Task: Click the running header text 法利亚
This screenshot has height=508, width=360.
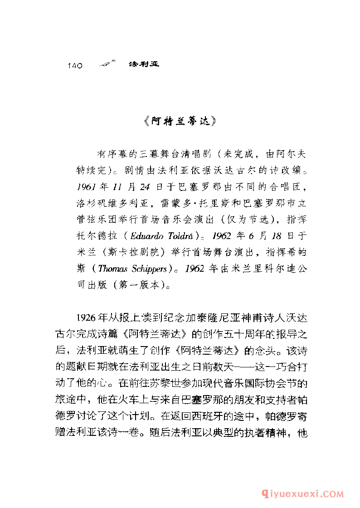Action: pos(144,64)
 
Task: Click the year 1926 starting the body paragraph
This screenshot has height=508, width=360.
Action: pos(87,317)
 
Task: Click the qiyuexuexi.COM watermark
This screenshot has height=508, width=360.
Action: pos(308,493)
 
